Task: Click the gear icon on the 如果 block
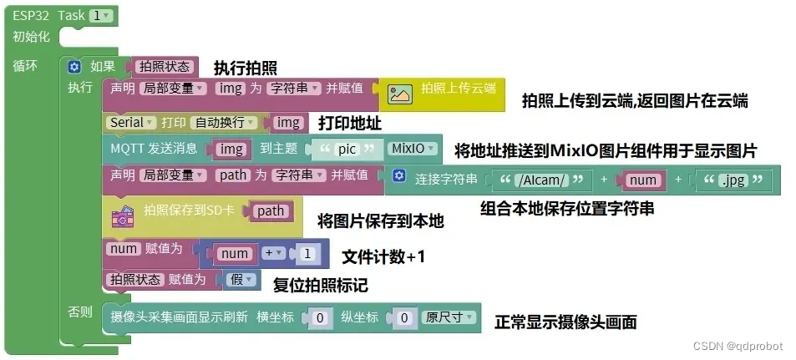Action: click(75, 66)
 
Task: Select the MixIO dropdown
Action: click(413, 150)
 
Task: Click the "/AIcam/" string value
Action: click(543, 179)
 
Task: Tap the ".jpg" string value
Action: click(733, 179)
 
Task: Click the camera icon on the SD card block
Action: click(122, 215)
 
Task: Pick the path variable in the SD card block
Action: click(271, 211)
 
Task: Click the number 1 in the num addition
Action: click(307, 253)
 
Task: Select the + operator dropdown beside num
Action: click(273, 253)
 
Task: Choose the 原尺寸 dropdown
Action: click(449, 317)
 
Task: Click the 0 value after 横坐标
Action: click(317, 318)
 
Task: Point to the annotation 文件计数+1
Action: click(383, 256)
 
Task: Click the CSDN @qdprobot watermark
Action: click(741, 345)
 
